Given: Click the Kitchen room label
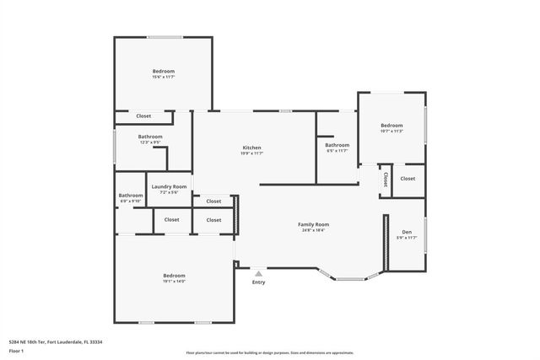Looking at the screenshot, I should pyautogui.click(x=251, y=148).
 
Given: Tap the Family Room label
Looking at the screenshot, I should pyautogui.click(x=313, y=223).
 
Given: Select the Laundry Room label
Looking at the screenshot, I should pyautogui.click(x=169, y=186).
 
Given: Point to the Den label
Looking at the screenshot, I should pyautogui.click(x=407, y=232).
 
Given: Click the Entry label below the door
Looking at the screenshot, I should pyautogui.click(x=258, y=282).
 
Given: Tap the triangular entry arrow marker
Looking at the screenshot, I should pyautogui.click(x=259, y=273).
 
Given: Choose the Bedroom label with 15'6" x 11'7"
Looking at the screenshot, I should pyautogui.click(x=164, y=72).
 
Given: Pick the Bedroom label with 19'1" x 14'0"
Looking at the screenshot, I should pyautogui.click(x=174, y=275).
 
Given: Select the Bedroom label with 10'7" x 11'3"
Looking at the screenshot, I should pyautogui.click(x=391, y=125).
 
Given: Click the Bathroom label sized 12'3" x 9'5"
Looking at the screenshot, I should pyautogui.click(x=150, y=137).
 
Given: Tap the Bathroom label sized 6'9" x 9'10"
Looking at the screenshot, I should pyautogui.click(x=131, y=196).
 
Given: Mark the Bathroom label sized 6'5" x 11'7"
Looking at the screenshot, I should pyautogui.click(x=337, y=145).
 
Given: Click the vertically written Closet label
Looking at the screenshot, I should pyautogui.click(x=386, y=180).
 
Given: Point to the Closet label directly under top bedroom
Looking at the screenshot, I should pyautogui.click(x=143, y=116).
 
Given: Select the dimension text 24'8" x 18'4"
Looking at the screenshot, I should pyautogui.click(x=313, y=229).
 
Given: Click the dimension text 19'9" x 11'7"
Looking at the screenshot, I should pyautogui.click(x=251, y=153).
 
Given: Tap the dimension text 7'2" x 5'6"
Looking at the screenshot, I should pyautogui.click(x=169, y=192).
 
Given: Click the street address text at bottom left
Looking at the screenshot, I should pyautogui.click(x=55, y=341).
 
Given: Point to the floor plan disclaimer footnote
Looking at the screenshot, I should pyautogui.click(x=269, y=352).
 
